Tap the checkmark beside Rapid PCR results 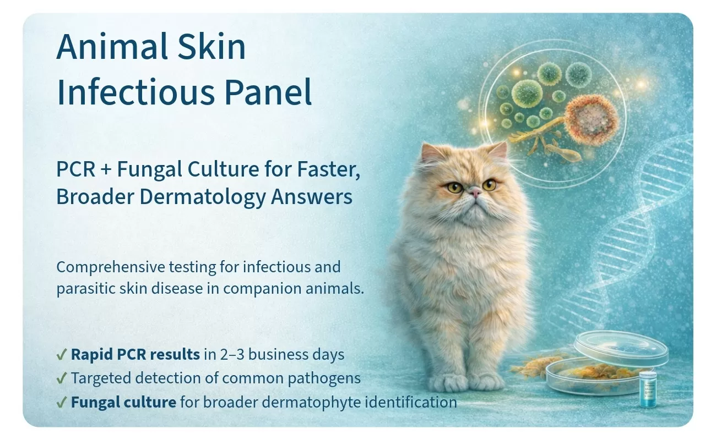tap(61, 354)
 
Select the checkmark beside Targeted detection tap(61, 378)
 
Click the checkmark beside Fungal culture tap(61, 402)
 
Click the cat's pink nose tap(476, 192)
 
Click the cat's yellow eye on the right tap(489, 185)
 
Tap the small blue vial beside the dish tap(648, 389)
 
